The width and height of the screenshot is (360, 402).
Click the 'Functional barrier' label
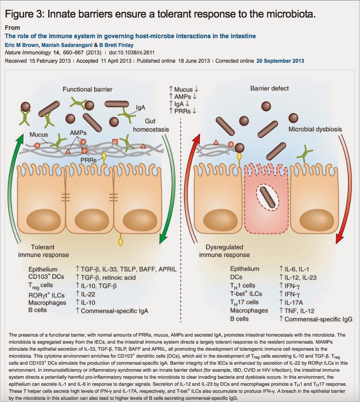pyautogui.click(x=87, y=89)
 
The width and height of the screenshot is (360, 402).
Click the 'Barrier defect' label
pyautogui.click(x=270, y=88)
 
